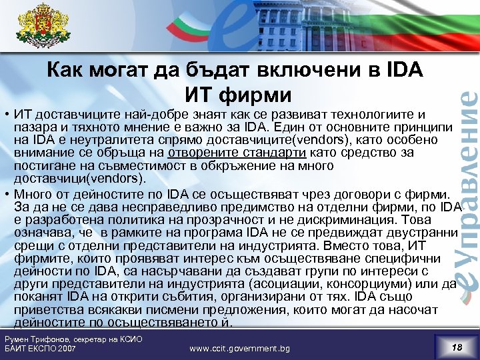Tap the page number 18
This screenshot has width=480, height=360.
point(456,347)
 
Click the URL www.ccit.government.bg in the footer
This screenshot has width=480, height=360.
point(239,348)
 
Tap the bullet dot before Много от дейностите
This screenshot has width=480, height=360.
point(5,193)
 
